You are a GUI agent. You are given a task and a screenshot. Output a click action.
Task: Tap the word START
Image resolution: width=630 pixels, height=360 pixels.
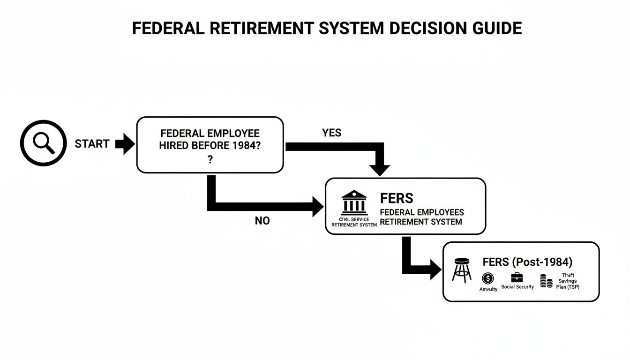pos(92,144)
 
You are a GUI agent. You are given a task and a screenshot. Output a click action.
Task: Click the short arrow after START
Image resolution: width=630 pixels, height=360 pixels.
pos(125,144)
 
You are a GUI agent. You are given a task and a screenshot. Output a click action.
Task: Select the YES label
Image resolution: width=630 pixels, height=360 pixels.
pos(331,133)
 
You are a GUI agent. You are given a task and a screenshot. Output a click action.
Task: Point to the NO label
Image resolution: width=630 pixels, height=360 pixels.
pos(262,221)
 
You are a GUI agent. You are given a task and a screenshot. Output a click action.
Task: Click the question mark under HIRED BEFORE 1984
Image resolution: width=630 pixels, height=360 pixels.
pos(210,159)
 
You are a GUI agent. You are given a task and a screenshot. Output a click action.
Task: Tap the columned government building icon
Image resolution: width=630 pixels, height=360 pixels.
pos(354,202)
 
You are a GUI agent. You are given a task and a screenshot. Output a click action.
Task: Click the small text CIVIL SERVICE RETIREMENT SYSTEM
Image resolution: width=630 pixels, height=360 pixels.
pos(354,222)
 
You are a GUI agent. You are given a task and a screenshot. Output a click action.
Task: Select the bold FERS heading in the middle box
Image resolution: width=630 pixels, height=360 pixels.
pos(397,197)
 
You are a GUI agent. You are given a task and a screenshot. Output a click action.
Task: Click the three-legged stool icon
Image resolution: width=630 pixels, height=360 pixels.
pos(462,270)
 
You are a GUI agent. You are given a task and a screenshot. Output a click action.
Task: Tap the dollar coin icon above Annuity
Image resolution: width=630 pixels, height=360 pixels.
pos(488,278)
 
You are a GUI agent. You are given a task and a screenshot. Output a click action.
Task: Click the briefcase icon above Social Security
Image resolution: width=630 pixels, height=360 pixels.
pos(517,277)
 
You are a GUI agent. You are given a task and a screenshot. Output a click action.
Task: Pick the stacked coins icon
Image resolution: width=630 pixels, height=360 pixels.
pos(546,281)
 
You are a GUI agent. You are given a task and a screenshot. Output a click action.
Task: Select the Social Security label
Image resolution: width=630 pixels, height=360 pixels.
pos(517,287)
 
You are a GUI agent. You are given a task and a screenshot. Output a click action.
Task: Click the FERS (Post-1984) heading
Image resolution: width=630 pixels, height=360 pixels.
pos(527,262)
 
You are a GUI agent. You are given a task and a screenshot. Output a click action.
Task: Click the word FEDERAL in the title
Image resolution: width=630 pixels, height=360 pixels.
pos(166,29)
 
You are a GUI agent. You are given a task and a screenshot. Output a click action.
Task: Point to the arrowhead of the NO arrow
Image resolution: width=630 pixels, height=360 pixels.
pos(318,207)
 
